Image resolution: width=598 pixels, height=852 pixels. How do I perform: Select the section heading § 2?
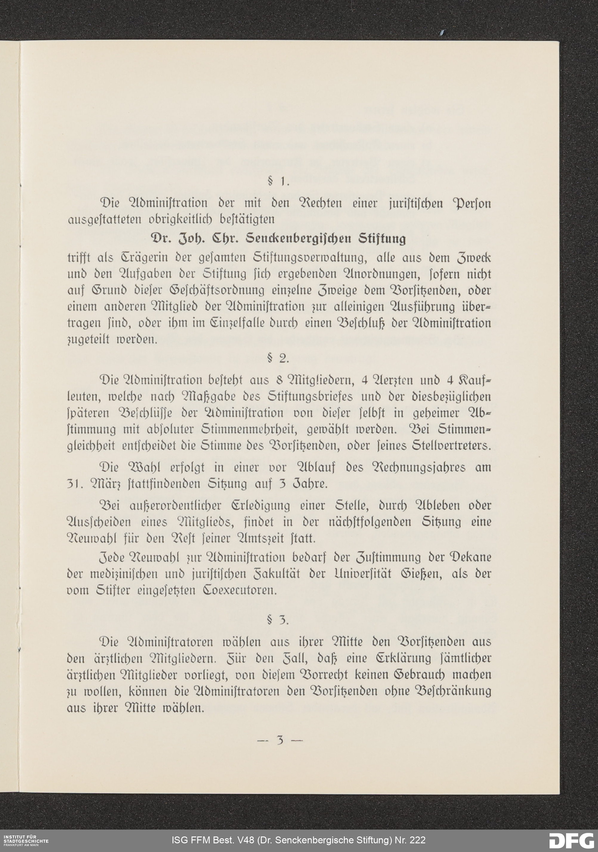[x=278, y=358]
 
